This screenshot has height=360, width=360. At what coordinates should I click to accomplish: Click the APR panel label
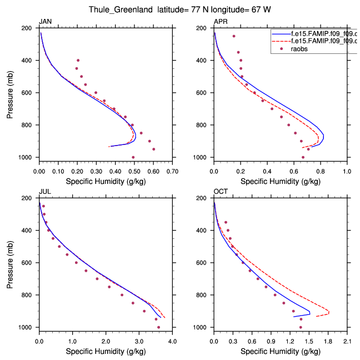tap(219, 22)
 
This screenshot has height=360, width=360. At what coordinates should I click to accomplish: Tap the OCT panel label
tap(220, 192)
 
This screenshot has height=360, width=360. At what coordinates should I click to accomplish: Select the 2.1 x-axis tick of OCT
tap(347, 341)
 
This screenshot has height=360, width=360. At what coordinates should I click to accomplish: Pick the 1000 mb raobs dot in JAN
tap(133, 157)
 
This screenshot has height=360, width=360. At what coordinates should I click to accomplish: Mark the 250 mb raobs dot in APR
tap(234, 36)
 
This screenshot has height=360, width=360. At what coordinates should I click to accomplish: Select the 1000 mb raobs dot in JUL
tap(159, 327)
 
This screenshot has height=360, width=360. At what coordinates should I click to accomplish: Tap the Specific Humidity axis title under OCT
tap(281, 351)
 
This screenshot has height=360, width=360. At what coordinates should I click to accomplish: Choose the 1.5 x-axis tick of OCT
tap(309, 341)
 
